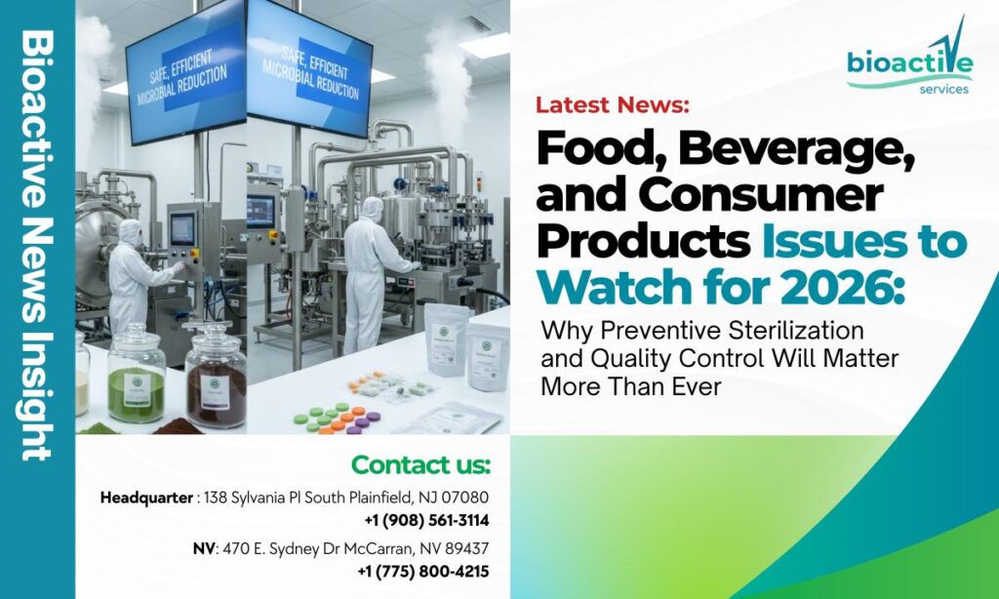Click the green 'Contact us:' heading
pyautogui.click(x=420, y=463)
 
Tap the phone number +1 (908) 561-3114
pyautogui.click(x=426, y=520)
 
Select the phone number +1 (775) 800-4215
pyautogui.click(x=423, y=572)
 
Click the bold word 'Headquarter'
pyautogui.click(x=146, y=498)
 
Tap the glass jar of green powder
pyautogui.click(x=137, y=376)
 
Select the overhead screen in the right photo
pyautogui.click(x=308, y=73)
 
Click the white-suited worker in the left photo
pyautogui.click(x=132, y=278)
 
